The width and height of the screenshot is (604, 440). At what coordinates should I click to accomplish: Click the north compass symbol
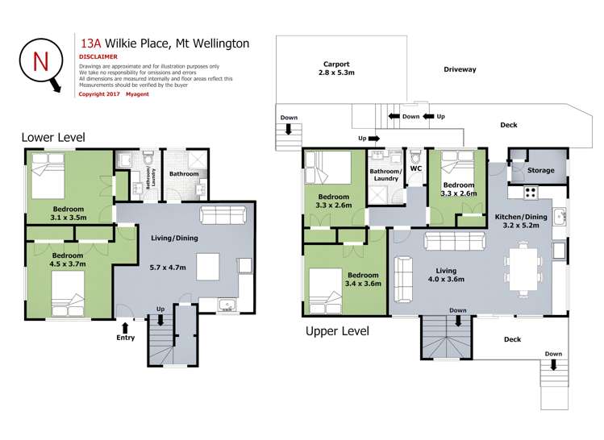39,62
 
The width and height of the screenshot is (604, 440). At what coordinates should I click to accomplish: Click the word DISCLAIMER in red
98,57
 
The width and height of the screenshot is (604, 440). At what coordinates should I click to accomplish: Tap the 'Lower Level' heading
53,138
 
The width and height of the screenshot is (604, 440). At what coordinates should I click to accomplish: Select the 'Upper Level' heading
337,330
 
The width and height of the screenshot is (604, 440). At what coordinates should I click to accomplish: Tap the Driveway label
460,69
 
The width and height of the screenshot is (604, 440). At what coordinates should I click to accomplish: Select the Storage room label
540,171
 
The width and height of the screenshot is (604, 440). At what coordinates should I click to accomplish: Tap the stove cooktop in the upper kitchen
531,192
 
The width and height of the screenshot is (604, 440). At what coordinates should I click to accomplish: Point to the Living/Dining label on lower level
174,238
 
